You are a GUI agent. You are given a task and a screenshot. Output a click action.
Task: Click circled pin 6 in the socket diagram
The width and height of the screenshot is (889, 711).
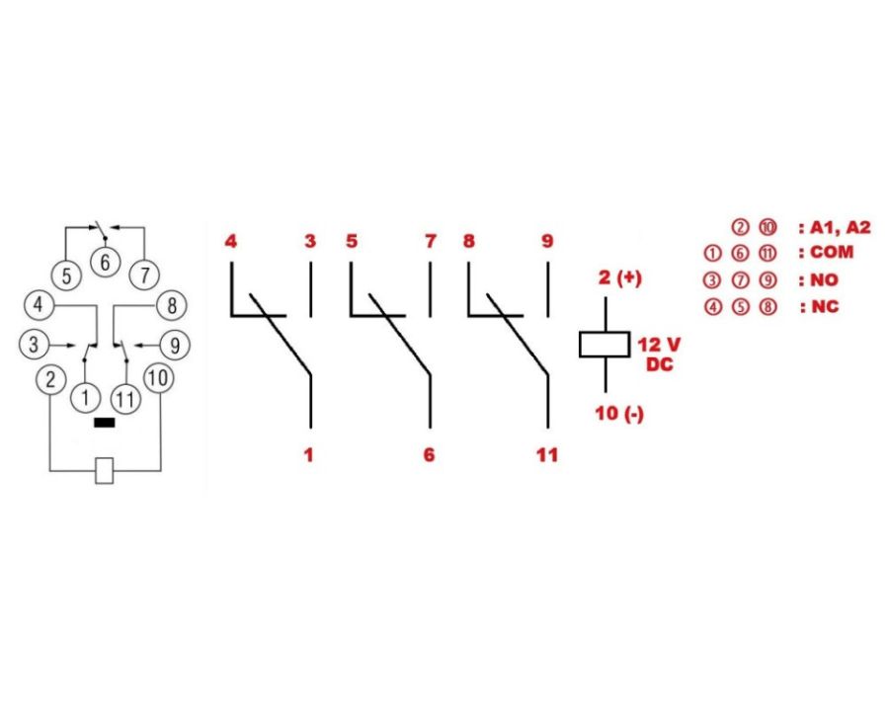click(102, 263)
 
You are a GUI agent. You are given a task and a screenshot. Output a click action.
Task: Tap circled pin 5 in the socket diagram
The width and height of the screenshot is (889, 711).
click(66, 276)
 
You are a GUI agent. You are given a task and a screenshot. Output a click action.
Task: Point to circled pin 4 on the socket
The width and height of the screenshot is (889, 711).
click(38, 305)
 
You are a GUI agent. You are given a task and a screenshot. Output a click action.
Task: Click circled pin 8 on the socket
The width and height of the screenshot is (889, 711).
click(171, 305)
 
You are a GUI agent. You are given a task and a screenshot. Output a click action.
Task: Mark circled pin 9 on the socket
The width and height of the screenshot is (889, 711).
click(175, 346)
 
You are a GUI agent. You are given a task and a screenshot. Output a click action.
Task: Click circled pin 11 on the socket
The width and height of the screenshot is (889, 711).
click(124, 399)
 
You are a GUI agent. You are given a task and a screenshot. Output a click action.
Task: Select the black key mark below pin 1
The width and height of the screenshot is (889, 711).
click(103, 423)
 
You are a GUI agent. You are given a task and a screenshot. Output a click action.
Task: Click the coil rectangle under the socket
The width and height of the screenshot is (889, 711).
click(104, 470)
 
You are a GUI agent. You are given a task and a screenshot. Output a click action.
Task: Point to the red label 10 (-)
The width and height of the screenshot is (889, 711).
click(619, 413)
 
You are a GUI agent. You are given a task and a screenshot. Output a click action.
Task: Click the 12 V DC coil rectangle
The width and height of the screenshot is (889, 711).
click(604, 344)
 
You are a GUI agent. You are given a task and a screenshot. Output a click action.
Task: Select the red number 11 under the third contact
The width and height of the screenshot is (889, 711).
click(546, 455)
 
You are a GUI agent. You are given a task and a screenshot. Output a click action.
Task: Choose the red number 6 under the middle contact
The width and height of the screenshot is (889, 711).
click(428, 455)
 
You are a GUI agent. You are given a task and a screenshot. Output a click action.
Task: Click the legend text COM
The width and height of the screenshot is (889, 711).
click(831, 253)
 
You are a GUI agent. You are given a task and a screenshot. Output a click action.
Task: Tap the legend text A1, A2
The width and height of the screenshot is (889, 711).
click(839, 227)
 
